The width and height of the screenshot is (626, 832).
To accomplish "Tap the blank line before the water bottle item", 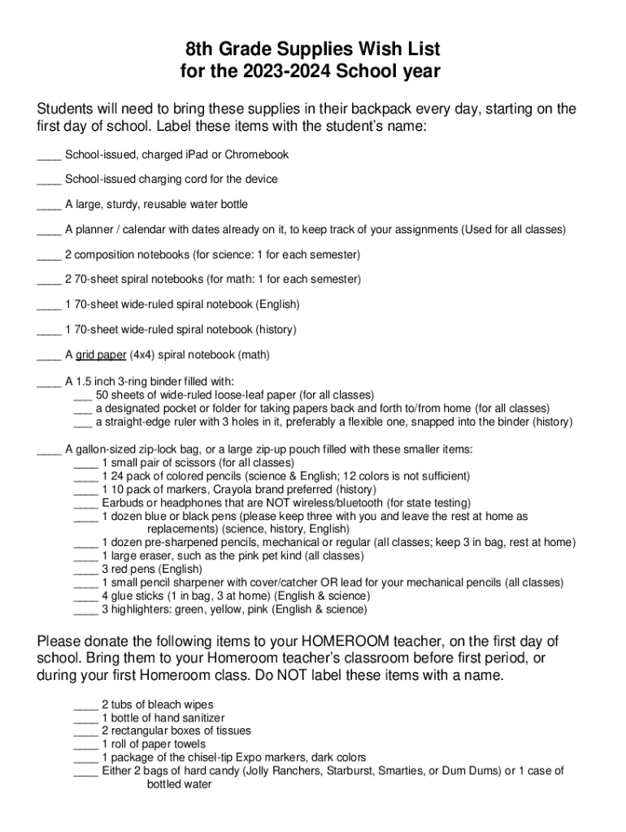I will click(x=49, y=204).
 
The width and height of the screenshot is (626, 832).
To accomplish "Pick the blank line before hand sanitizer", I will click(x=85, y=718).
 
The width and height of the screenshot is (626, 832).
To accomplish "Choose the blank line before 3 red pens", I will click(x=85, y=570).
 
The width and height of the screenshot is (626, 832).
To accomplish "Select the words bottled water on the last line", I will click(x=179, y=784).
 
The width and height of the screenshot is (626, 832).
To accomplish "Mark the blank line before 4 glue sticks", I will click(x=85, y=596).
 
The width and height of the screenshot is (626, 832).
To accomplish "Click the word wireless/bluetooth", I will click(x=339, y=503).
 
